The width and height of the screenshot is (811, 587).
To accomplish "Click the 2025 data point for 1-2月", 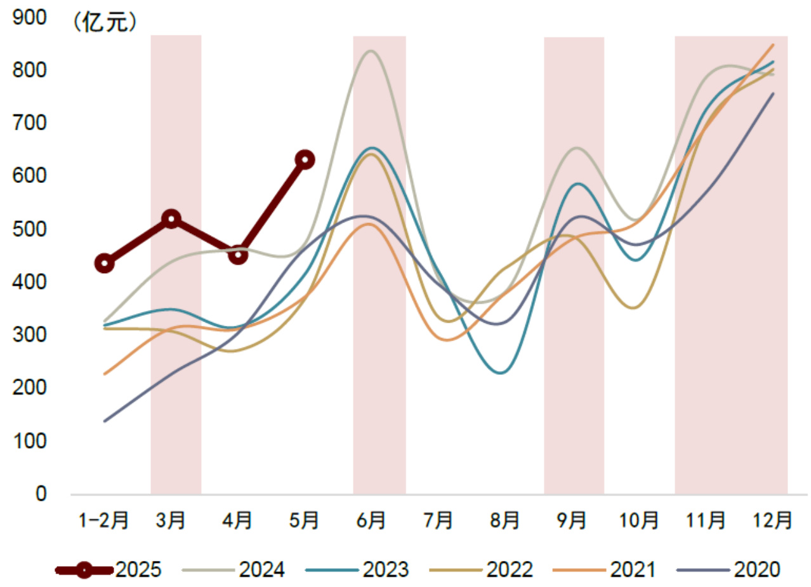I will click(105, 264).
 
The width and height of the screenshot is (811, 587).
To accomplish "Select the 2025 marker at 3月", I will click(171, 219).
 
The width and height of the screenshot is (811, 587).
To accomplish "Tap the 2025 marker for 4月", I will click(238, 255).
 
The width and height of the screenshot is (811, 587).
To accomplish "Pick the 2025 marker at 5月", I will click(305, 159).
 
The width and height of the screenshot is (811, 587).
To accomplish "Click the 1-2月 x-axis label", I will click(103, 521).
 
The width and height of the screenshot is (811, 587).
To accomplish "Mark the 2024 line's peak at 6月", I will click(371, 51).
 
